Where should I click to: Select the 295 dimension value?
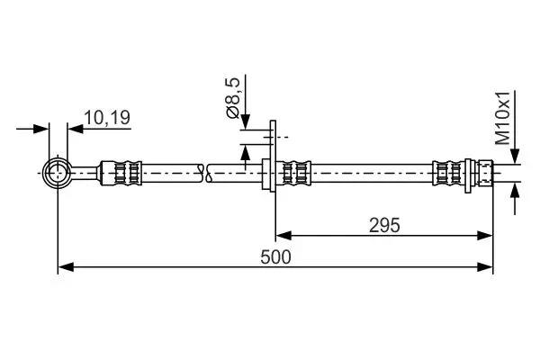point(384,225)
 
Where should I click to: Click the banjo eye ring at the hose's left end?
point(58,170)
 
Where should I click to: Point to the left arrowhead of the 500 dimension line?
point(63,266)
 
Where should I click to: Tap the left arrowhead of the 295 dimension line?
point(280,236)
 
